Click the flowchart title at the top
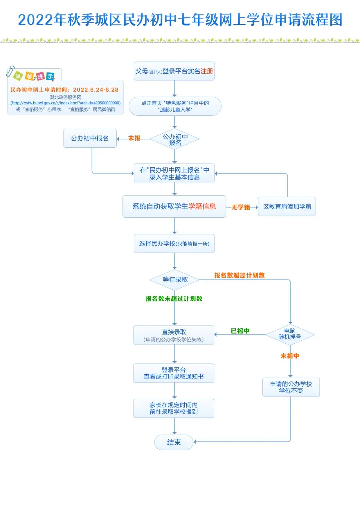tap(180, 20)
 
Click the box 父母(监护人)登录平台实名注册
tap(174, 71)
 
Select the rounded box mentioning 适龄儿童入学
tap(175, 106)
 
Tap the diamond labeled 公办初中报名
tap(175, 139)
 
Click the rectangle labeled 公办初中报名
tap(90, 138)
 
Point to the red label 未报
tap(134, 138)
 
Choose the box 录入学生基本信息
tap(174, 173)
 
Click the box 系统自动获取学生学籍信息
tap(174, 207)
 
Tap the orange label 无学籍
tap(241, 207)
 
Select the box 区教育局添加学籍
tap(287, 207)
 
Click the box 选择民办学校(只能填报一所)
tap(174, 244)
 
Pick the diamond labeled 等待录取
tap(175, 280)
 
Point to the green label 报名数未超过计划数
tap(174, 299)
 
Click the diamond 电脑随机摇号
tap(290, 334)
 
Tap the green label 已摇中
tap(240, 331)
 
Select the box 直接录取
tap(174, 335)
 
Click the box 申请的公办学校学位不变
tap(291, 387)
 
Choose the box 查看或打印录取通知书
tap(174, 373)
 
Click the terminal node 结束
tap(174, 442)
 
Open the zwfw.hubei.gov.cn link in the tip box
tap(66, 103)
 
